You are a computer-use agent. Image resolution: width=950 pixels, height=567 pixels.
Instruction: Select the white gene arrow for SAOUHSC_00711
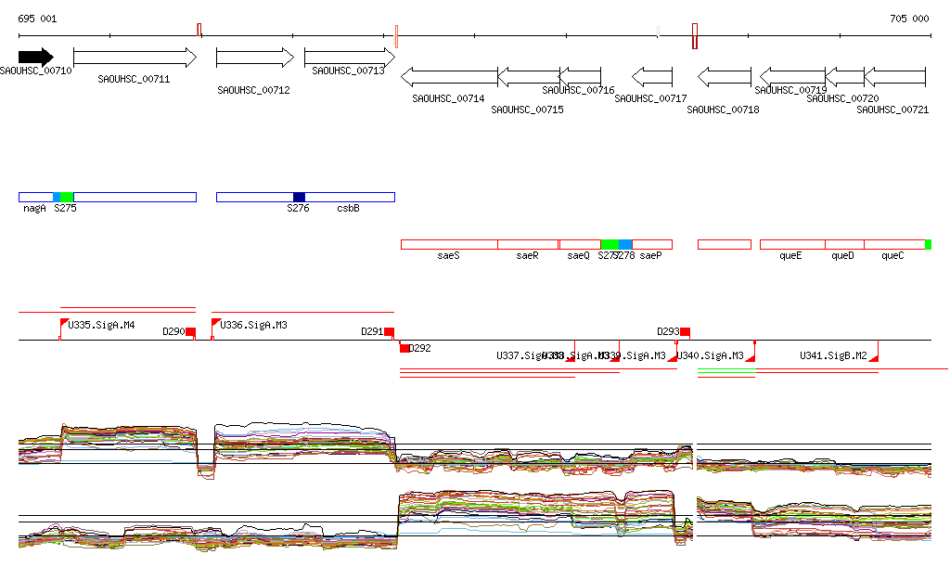pos(135,58)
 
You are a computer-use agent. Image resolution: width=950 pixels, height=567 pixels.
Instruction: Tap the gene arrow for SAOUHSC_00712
pos(254,58)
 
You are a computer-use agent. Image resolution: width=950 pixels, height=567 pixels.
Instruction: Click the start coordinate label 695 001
pos(37,19)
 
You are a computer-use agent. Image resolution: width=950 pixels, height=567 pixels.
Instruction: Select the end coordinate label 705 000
pos(909,19)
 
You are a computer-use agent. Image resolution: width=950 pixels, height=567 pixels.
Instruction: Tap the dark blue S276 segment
pos(299,197)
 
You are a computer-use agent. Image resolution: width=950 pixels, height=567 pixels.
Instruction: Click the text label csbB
pos(348,209)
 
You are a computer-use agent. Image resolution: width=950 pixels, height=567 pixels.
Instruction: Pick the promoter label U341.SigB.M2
pos(833,355)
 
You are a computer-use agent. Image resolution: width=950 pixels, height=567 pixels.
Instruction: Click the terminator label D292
pos(420,349)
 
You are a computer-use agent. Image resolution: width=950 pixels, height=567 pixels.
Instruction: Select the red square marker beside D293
pos(685,332)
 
